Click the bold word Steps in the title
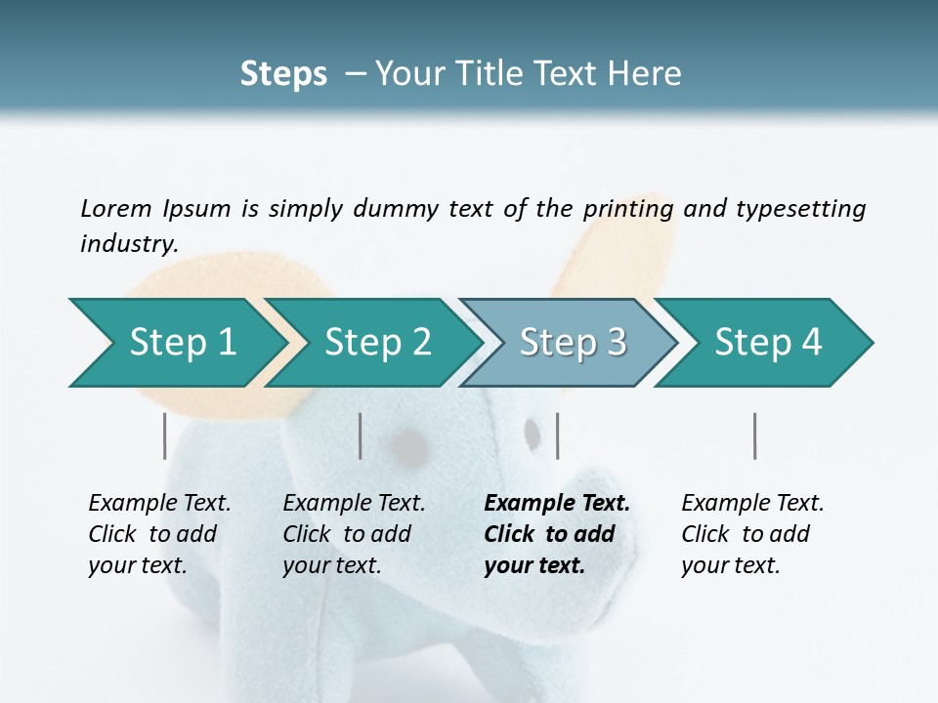[x=283, y=74]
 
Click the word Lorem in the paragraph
[x=115, y=208]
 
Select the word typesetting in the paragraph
[x=800, y=209]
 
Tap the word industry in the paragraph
[x=127, y=244]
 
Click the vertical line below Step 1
[x=164, y=435]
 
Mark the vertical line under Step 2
[x=361, y=435]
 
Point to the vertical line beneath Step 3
[x=557, y=435]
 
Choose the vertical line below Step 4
[x=754, y=435]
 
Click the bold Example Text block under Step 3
[x=557, y=534]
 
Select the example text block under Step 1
[x=159, y=534]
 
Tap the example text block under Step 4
[x=752, y=534]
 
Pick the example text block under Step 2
[x=354, y=534]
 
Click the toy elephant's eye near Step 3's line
[x=533, y=433]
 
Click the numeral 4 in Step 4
[x=812, y=343]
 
